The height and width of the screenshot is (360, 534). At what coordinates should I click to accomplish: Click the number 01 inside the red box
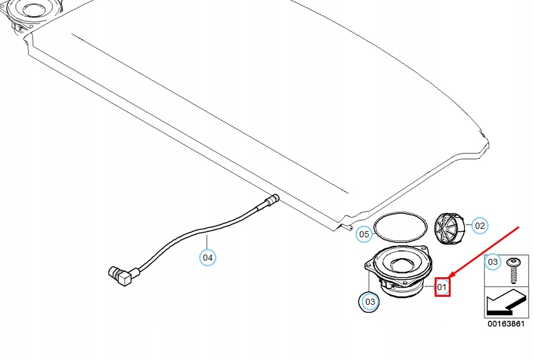(443, 286)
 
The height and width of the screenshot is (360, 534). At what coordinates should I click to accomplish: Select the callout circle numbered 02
(479, 226)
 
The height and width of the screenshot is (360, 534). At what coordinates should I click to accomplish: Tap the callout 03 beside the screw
(492, 263)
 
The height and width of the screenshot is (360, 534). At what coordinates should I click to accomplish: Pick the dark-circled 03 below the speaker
(369, 302)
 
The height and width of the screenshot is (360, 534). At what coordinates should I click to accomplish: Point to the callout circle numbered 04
(208, 258)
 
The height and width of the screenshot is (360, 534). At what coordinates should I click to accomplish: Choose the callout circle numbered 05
(364, 234)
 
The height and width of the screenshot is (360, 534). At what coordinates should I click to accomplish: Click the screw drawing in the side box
(513, 270)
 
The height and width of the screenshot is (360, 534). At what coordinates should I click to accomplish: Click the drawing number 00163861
(506, 324)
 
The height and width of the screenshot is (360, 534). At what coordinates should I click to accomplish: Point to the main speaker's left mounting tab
(367, 267)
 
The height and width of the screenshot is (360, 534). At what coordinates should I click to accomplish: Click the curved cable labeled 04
(184, 236)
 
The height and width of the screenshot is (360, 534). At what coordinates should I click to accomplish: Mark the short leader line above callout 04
(208, 242)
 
